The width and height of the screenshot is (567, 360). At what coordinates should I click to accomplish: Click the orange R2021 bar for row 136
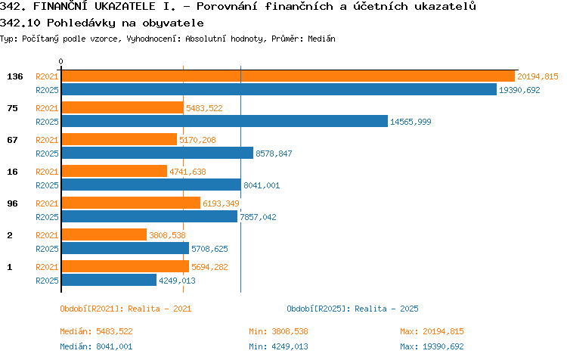tap(288, 76)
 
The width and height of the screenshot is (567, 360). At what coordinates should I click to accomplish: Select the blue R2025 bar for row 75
tap(225, 121)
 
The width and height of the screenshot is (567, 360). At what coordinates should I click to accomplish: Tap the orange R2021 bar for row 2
tap(104, 234)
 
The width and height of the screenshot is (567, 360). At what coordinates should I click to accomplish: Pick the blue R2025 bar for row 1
tap(109, 280)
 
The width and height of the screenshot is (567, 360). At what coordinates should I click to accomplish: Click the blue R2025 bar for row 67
tap(157, 153)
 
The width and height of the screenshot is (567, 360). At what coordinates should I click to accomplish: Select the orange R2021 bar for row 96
tap(131, 203)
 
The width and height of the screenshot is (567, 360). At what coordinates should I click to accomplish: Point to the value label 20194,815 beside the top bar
tap(538, 76)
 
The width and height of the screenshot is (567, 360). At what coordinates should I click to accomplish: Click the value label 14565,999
tap(411, 122)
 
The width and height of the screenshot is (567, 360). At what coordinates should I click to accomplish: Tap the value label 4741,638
tap(187, 172)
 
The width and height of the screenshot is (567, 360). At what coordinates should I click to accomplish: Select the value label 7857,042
tap(259, 217)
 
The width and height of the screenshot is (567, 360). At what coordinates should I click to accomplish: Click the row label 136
tap(15, 76)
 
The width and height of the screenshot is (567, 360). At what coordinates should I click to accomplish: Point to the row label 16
tap(12, 172)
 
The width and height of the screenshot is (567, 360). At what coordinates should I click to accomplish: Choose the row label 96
tap(12, 203)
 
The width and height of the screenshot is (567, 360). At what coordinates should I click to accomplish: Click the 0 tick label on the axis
tap(60, 61)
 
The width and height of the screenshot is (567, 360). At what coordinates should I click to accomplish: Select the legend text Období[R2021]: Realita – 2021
tap(125, 309)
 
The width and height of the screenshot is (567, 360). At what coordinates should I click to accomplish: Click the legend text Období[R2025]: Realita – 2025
tap(352, 309)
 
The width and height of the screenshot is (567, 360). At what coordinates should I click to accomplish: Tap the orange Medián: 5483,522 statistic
tap(96, 331)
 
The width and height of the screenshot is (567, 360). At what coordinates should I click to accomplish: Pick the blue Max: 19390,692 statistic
tap(432, 346)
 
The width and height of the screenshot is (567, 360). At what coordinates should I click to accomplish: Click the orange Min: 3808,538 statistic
tap(278, 331)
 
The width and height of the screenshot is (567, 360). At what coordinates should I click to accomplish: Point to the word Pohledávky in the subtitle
tap(82, 23)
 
